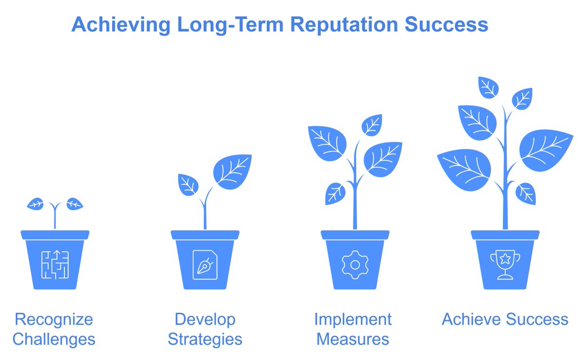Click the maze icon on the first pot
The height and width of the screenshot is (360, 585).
point(55,265)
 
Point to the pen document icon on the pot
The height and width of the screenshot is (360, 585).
point(205,265)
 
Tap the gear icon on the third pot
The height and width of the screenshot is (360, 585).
point(355,265)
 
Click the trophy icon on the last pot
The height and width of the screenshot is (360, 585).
point(505,265)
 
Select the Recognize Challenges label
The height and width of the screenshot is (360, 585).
point(54,329)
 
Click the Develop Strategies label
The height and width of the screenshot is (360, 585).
point(205,329)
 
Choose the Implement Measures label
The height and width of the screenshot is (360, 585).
point(353,329)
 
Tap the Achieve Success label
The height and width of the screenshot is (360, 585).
point(505,320)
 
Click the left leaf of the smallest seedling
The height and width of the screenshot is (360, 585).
point(36,204)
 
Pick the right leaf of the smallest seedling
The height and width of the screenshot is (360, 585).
point(74,204)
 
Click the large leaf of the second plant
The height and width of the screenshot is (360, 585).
point(233,171)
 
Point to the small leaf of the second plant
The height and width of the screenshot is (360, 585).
point(188,185)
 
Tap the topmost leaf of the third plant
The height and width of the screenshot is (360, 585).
point(372,125)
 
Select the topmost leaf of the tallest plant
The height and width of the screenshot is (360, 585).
point(488,87)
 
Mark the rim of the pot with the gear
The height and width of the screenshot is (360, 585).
point(355,235)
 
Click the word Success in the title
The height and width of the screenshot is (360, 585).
point(447,24)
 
